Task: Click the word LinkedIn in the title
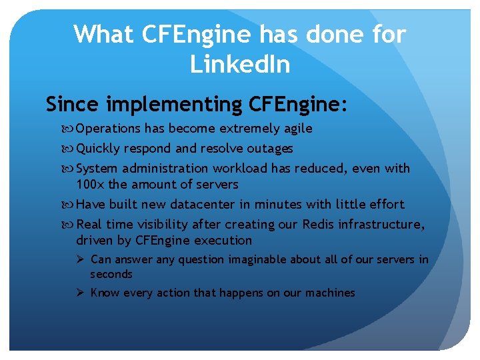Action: tap(240, 64)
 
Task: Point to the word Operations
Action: tap(107, 129)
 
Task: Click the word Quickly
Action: tap(99, 148)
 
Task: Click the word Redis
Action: tap(319, 224)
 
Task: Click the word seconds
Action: tap(111, 274)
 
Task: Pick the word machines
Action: tap(331, 293)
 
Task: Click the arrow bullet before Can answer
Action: tap(80, 259)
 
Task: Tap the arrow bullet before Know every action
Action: tap(80, 293)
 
